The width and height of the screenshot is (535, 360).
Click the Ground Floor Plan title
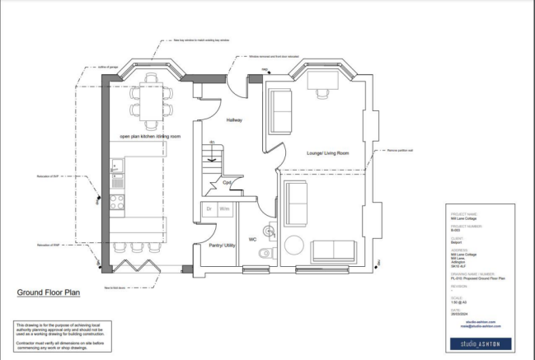[49, 292]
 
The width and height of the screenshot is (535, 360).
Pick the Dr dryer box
[209, 210]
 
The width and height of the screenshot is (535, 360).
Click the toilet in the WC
[265, 255]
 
